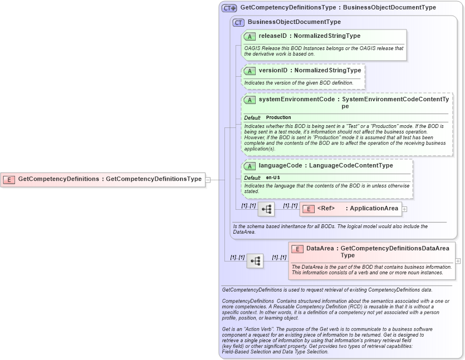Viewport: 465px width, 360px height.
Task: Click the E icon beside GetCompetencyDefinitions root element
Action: (9, 179)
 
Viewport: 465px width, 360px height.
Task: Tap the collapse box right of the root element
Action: (208, 179)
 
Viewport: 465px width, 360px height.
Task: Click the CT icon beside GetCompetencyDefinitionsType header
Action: (229, 8)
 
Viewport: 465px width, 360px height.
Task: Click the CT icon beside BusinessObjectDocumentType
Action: (238, 22)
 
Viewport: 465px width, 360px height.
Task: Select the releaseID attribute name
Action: (273, 36)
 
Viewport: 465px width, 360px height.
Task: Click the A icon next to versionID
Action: (249, 71)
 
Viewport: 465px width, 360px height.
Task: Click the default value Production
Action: (278, 118)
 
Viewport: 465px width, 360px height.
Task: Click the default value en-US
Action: (273, 177)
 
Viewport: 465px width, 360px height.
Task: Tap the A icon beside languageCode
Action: (249, 166)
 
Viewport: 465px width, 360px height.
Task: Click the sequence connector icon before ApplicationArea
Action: (266, 209)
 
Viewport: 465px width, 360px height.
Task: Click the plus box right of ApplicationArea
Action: (404, 209)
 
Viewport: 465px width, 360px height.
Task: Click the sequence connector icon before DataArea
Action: (255, 261)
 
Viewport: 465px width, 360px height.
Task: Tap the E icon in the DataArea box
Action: (297, 249)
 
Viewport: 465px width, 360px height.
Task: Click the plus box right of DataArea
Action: (458, 260)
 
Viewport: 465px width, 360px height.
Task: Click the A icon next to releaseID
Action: (249, 36)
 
